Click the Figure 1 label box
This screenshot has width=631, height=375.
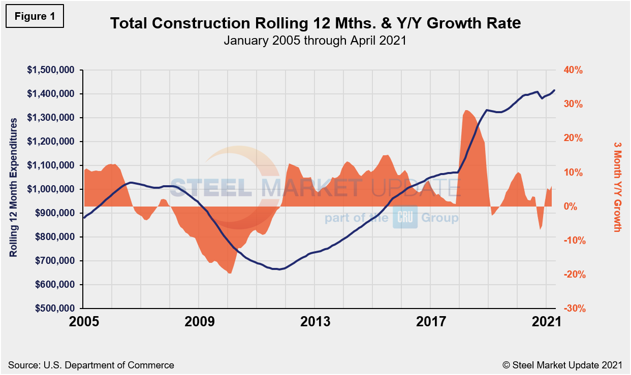click(x=35, y=16)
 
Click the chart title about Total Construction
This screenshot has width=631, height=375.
click(x=315, y=23)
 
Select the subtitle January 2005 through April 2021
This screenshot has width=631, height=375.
click(x=315, y=41)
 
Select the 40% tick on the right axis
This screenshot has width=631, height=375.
click(x=573, y=70)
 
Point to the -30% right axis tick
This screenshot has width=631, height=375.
click(x=573, y=309)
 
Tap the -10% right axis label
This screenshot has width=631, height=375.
click(x=573, y=241)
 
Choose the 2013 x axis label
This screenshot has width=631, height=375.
click(x=314, y=322)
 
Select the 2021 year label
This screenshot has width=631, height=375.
click(x=547, y=322)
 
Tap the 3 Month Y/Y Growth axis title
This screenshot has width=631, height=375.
click(x=617, y=187)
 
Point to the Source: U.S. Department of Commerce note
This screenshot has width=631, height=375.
click(x=91, y=365)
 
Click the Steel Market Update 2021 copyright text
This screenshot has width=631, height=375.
click(x=562, y=365)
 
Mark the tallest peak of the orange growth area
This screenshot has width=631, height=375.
click(x=466, y=110)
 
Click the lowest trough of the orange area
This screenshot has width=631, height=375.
click(x=230, y=274)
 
